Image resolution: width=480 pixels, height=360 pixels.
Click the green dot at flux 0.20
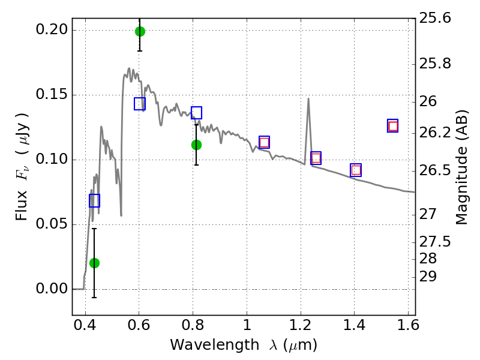[140, 31]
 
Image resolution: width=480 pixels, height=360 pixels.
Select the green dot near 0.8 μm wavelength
[197, 145]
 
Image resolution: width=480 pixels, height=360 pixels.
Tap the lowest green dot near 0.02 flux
[95, 263]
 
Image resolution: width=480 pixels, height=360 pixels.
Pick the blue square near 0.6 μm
[140, 104]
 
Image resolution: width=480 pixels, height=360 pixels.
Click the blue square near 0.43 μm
[95, 200]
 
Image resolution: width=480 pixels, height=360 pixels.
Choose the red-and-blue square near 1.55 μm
[393, 126]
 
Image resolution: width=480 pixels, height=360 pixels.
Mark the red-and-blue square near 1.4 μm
[356, 170]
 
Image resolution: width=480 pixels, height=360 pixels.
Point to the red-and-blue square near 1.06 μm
[264, 142]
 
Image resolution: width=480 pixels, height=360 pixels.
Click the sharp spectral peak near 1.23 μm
[308, 98]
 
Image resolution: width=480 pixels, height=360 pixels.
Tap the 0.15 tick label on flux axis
[52, 94]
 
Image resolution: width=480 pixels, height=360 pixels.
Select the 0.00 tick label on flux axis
[52, 289]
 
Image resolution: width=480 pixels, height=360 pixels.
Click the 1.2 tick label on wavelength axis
[301, 325]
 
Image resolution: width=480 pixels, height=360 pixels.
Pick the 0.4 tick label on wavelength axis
[85, 325]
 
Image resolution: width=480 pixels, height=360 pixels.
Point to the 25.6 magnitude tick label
[435, 18]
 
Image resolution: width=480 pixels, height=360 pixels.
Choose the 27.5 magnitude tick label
[435, 242]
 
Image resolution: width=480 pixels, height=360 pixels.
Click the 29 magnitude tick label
[428, 277]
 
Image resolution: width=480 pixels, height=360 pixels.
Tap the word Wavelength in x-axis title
[215, 346]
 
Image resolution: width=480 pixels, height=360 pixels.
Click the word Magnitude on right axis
[462, 185]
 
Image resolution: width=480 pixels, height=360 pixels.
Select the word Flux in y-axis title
[22, 205]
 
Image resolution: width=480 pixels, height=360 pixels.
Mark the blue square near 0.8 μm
[197, 113]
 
